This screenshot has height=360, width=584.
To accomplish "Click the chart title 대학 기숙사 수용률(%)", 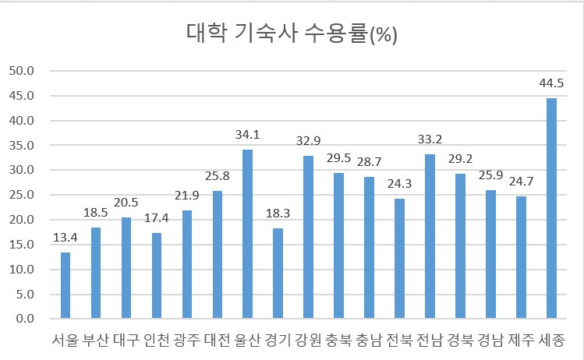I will coord(292,34).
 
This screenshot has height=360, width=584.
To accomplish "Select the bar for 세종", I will coord(551,208).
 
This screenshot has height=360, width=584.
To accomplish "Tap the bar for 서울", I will coord(65,285).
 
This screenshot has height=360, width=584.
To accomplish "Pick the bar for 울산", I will coord(248,234).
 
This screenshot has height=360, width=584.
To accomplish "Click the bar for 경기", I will coord(278,274).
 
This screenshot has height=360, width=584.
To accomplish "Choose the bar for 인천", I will coord(157,275).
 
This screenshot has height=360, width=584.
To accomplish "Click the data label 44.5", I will coord(551,83).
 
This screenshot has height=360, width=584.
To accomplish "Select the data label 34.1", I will coord(248,134).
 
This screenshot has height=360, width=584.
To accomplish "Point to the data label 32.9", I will coord(309,140).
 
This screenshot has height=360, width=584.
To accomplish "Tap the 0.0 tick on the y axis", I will coord(25,319).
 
